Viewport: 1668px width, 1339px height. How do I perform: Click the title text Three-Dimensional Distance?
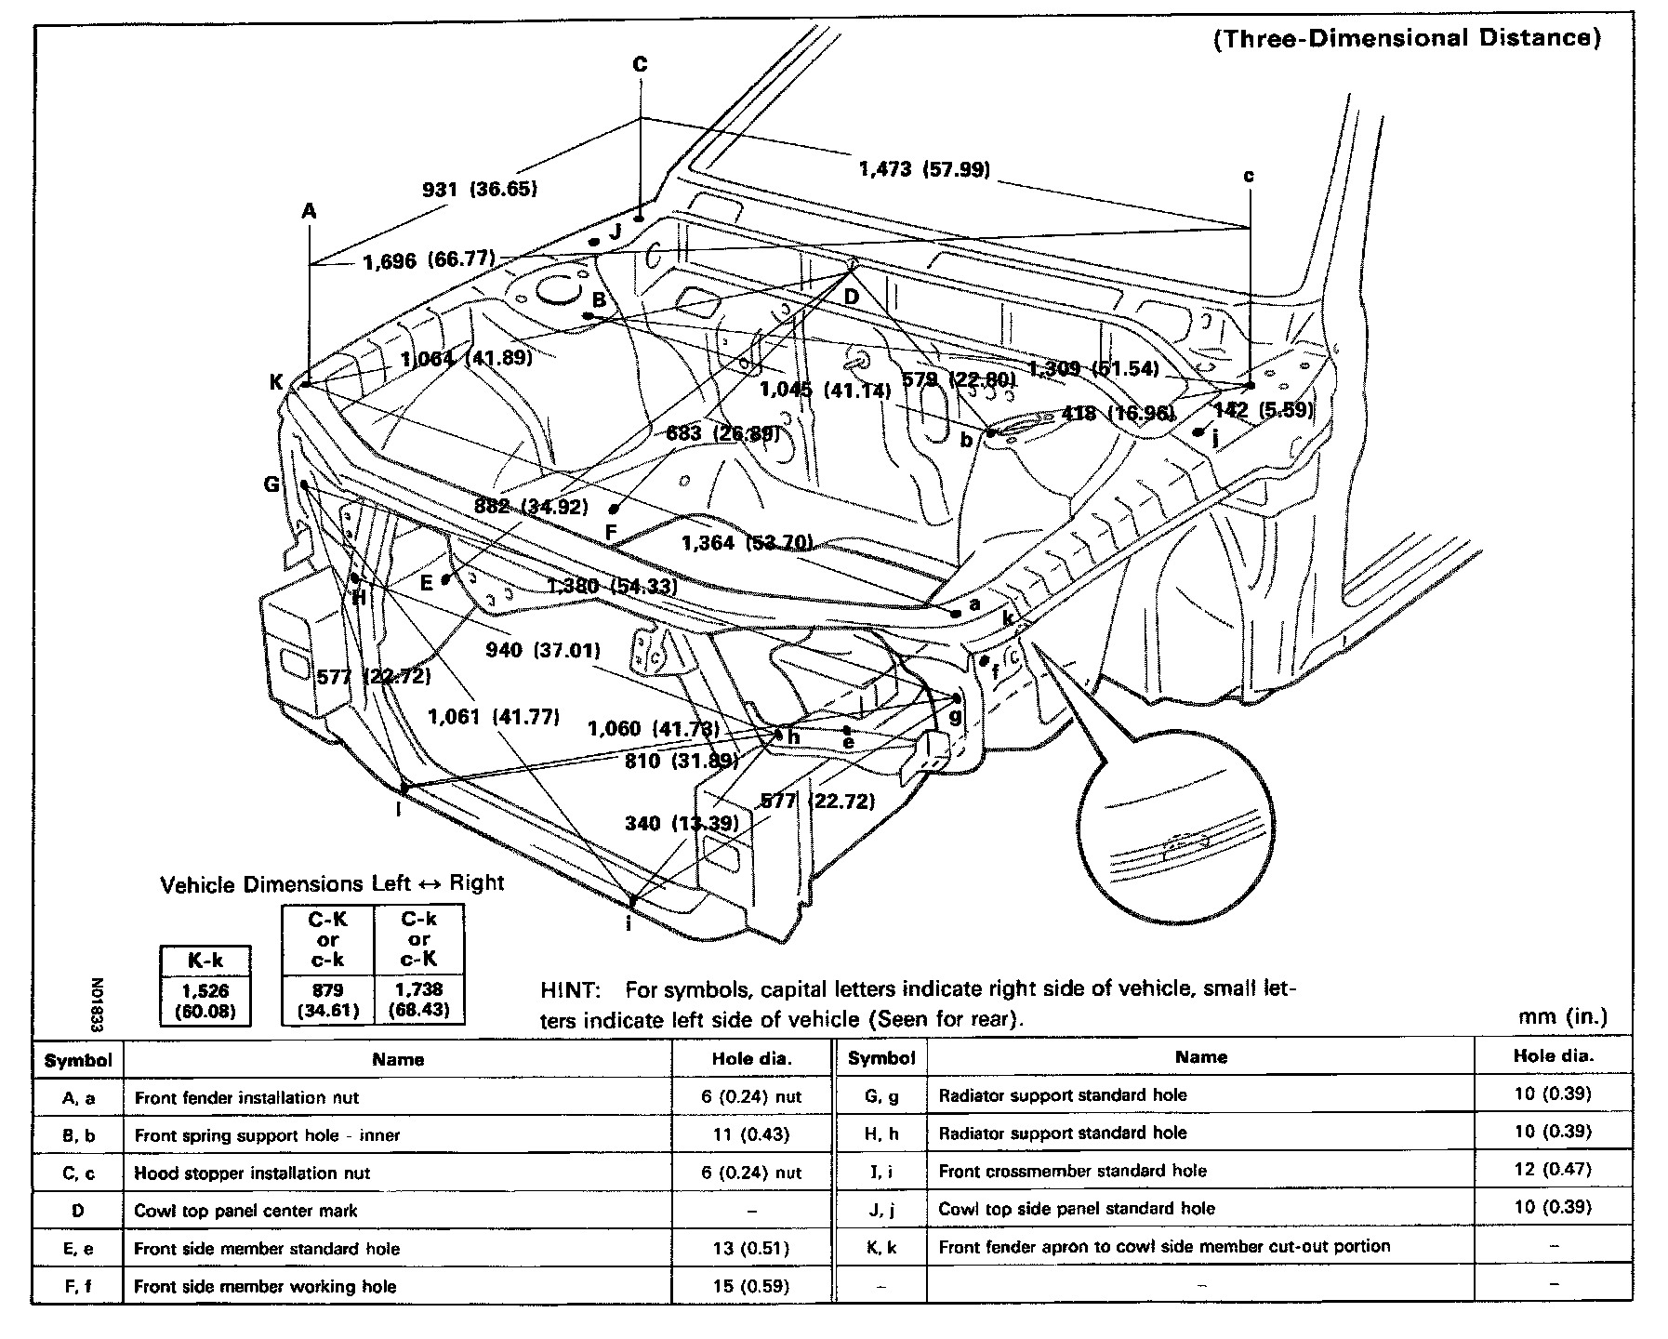coord(1407,38)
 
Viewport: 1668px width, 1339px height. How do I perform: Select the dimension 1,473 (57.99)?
coord(923,169)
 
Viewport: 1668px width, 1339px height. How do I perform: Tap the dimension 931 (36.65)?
coord(480,190)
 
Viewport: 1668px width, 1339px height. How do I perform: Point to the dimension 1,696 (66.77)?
coord(429,260)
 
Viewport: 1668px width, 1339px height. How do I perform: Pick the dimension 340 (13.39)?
coord(682,823)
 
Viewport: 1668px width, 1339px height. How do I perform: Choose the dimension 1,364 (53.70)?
coord(747,543)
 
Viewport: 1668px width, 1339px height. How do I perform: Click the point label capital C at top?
coord(640,64)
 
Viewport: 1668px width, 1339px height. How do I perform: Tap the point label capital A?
coord(309,212)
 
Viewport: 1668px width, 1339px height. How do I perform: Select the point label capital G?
coord(271,484)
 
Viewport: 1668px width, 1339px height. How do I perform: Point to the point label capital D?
coord(852,298)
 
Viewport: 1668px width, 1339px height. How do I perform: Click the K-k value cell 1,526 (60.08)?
coord(205,1001)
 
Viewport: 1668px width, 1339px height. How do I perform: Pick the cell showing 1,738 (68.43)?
coord(419,999)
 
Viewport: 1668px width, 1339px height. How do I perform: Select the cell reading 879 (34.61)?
coord(327,999)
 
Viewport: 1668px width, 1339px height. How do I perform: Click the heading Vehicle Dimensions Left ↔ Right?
coord(332,883)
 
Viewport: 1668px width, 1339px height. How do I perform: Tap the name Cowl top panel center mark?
coord(245,1211)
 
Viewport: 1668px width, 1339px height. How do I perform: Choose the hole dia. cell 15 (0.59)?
coord(750,1287)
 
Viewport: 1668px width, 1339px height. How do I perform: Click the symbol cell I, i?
coord(881,1171)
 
